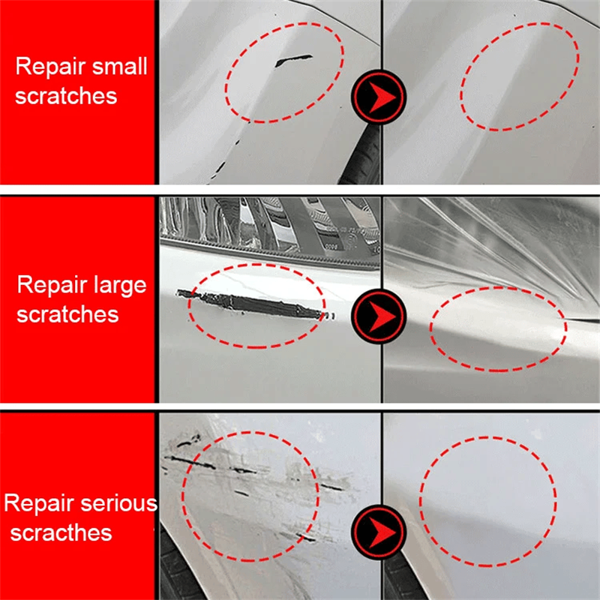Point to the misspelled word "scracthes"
point(61,533)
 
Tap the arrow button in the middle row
point(379,311)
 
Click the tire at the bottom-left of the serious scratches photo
point(174,570)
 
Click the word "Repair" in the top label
point(49,66)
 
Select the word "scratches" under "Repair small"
point(66,96)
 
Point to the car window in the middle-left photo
point(262,221)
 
